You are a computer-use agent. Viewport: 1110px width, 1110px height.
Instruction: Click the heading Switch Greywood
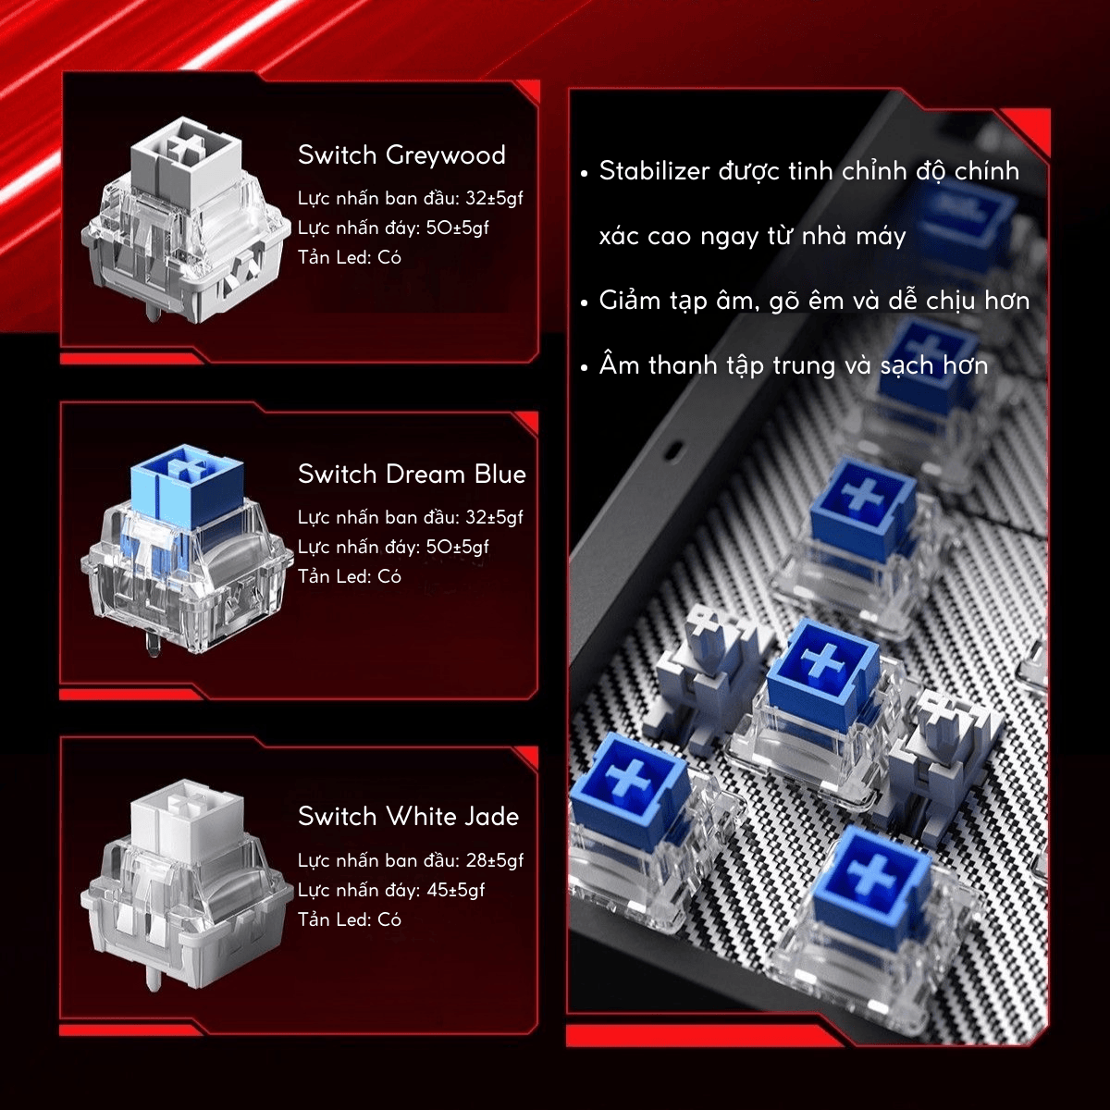coord(401,155)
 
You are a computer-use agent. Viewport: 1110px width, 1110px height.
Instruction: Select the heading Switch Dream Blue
coord(412,475)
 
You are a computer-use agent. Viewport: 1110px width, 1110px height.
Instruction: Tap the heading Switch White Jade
coord(409,816)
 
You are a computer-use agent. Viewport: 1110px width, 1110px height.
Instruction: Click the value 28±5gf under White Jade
coord(494,860)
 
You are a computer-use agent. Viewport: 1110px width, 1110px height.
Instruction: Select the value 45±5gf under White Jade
coord(456,890)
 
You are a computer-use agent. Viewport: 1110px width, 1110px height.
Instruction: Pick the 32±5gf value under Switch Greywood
coord(494,198)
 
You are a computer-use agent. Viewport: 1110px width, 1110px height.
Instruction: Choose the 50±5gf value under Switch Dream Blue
coord(457,547)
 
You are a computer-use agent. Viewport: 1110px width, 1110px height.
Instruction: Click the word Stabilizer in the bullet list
coord(654,171)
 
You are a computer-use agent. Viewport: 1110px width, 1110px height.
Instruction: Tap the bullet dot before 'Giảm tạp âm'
coord(585,302)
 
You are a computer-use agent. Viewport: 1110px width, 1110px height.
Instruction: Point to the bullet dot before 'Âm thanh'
coord(585,367)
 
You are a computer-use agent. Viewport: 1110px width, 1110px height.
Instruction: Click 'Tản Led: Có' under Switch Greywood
coord(349,257)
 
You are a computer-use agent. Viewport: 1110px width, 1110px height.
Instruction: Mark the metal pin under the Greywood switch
coord(153,311)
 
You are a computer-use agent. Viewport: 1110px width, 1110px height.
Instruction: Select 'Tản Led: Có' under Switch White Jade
coord(349,919)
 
